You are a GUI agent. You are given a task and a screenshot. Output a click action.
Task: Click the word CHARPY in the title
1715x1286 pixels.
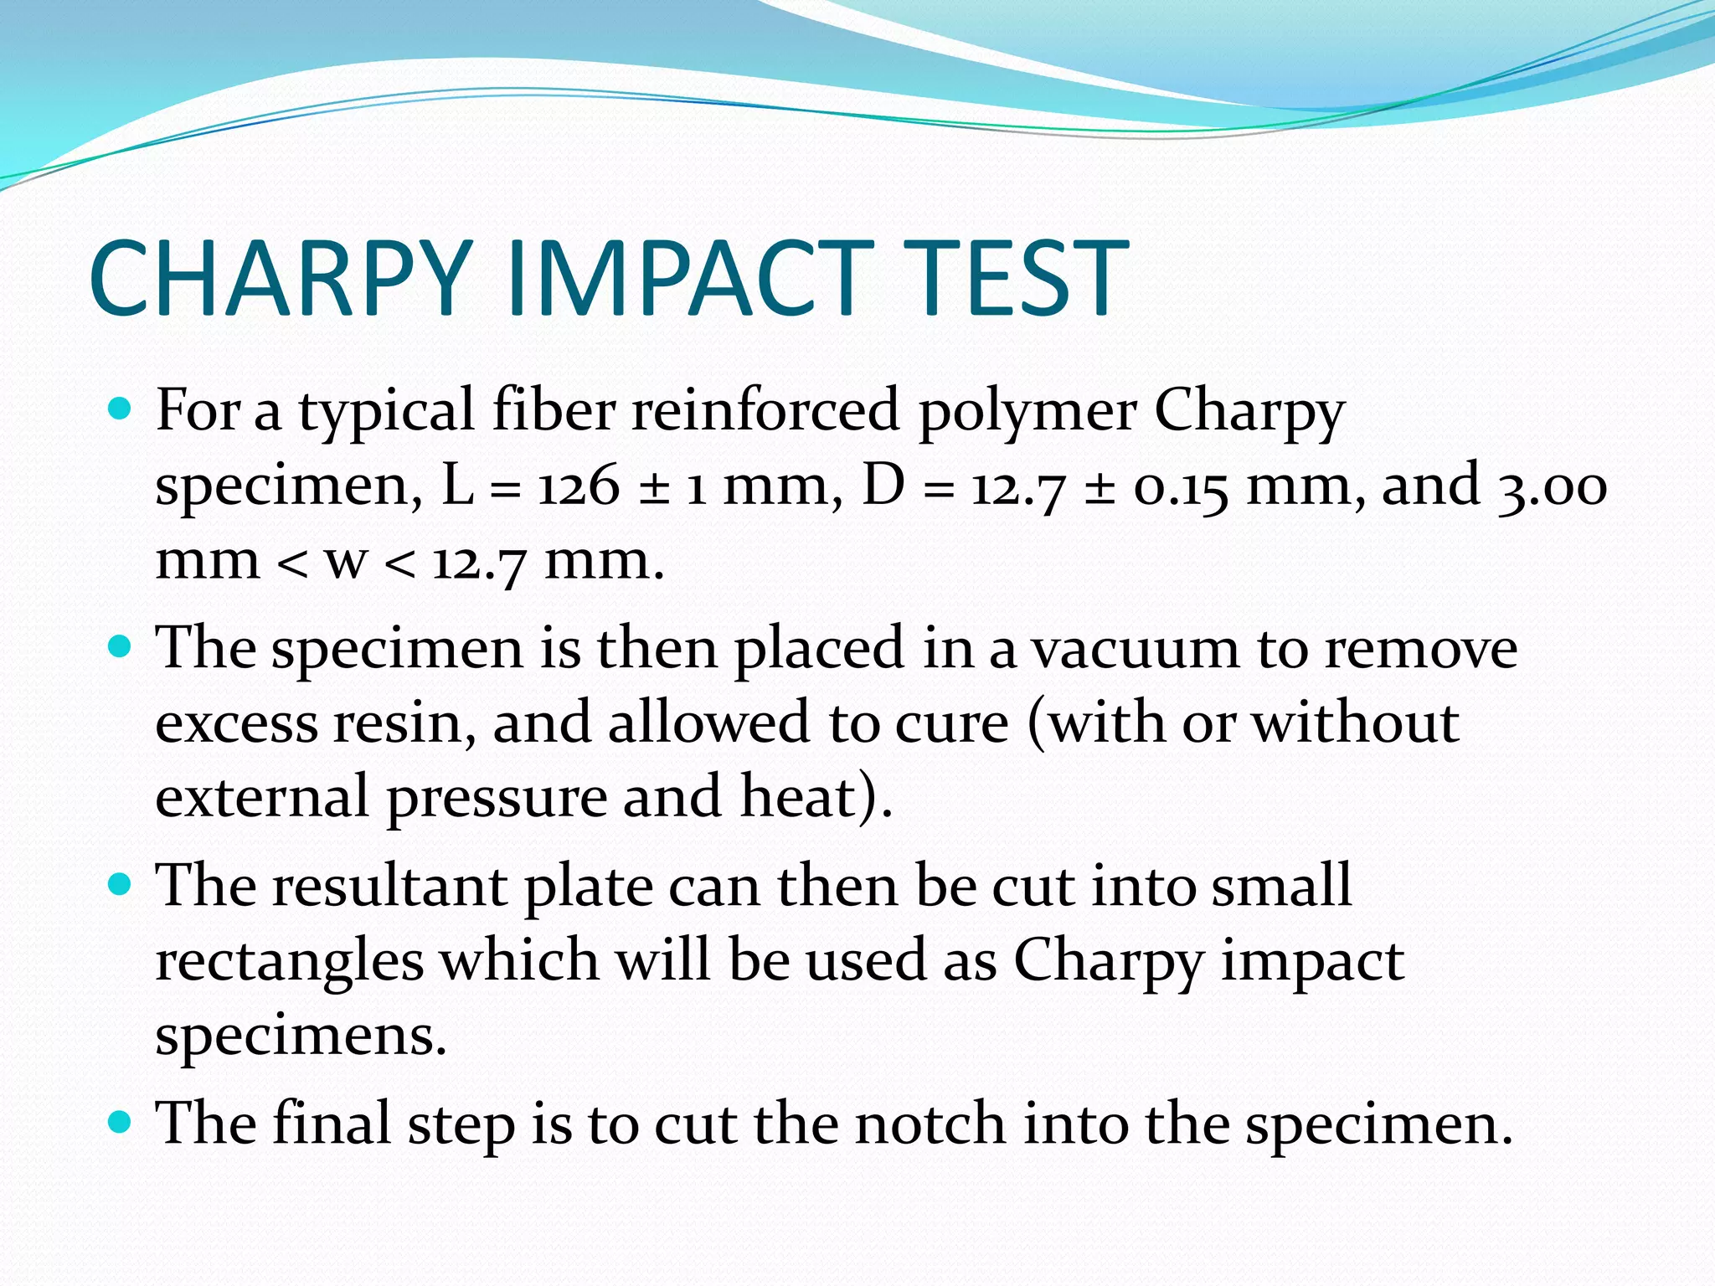click(278, 278)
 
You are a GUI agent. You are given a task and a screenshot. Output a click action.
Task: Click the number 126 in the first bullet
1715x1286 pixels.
click(579, 486)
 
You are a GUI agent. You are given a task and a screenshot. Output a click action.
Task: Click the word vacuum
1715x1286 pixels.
click(1134, 648)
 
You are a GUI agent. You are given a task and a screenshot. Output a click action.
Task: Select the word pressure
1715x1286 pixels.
click(497, 797)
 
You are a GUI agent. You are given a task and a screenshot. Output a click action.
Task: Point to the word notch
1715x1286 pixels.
click(930, 1124)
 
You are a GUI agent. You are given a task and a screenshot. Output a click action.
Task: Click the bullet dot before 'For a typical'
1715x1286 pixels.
click(121, 409)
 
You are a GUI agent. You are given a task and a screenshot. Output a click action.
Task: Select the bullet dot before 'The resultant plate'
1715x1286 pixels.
click(121, 884)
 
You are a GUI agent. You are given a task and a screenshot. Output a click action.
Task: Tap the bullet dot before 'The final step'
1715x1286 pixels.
click(121, 1122)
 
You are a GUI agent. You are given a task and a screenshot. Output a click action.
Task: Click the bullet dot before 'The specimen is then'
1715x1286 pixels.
click(121, 647)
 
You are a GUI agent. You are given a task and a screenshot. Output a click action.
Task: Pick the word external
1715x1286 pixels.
click(262, 797)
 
